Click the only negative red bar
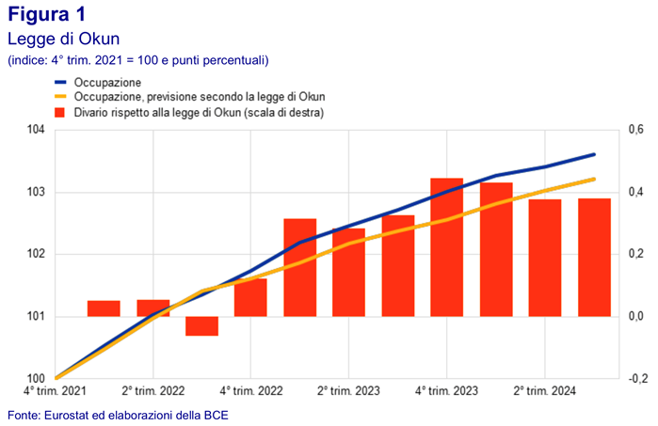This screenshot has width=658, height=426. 201,325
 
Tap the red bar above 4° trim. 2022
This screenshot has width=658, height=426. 250,297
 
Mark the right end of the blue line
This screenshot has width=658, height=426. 594,154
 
